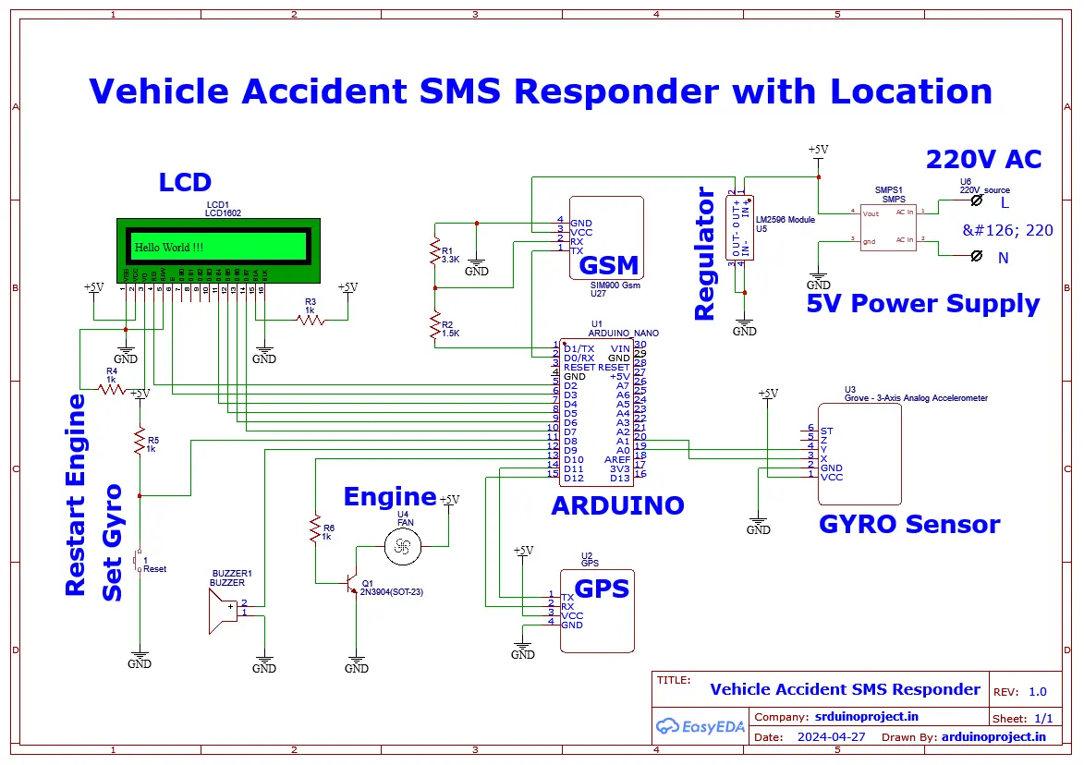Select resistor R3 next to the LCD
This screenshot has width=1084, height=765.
click(311, 320)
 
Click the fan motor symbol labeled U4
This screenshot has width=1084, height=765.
click(402, 548)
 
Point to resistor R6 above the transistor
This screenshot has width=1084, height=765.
click(316, 529)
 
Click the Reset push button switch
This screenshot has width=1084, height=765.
click(139, 561)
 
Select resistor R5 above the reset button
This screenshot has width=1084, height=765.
click(140, 442)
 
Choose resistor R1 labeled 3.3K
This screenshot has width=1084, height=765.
click(434, 252)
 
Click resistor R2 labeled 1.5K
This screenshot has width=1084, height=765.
click(434, 325)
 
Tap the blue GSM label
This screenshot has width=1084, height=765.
click(608, 265)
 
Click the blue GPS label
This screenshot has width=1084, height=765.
click(602, 589)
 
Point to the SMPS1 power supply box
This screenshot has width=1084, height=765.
click(885, 226)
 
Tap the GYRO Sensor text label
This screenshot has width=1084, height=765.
click(909, 524)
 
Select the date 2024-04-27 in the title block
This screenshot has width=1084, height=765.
click(831, 737)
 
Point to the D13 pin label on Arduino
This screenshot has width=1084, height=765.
click(619, 478)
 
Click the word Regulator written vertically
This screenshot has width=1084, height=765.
click(705, 254)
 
